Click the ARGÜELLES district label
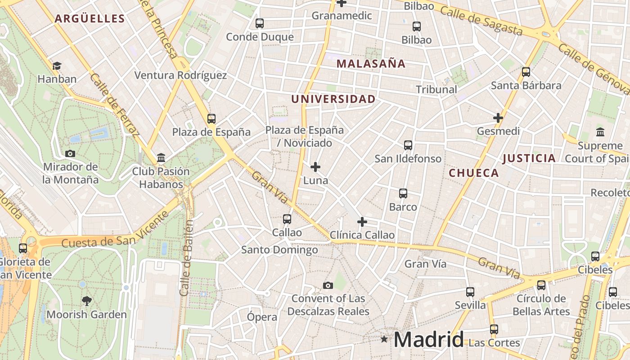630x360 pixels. click(90, 18)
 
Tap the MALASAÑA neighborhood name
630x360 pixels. click(371, 63)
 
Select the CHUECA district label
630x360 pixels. click(474, 173)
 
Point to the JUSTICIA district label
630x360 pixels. click(529, 158)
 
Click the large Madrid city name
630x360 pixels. click(428, 339)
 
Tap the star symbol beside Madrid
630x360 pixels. click(384, 339)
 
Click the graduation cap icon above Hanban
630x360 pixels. click(57, 66)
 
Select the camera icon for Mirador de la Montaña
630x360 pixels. click(70, 153)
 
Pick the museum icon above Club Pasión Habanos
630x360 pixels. click(161, 158)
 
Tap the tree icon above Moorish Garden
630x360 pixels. click(86, 301)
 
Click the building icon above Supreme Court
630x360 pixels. click(600, 132)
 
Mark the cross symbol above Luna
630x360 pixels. click(315, 167)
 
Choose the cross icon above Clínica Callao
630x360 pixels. click(362, 221)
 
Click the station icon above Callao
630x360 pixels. click(287, 219)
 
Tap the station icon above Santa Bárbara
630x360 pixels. click(526, 72)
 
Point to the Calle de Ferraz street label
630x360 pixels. click(114, 104)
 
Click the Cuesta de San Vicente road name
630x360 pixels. click(99, 242)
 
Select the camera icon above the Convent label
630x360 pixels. click(328, 285)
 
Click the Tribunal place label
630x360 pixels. click(436, 89)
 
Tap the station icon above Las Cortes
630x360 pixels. click(494, 329)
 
